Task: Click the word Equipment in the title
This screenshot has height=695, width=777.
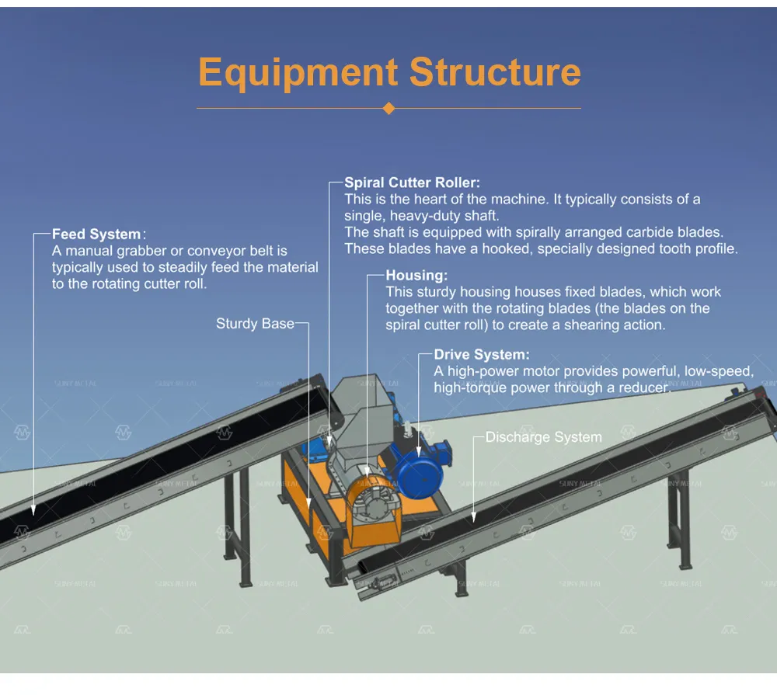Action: click(298, 72)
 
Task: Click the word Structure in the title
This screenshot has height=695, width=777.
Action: click(495, 71)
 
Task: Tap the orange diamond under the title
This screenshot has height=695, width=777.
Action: click(389, 108)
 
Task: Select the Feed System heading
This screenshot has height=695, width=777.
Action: click(96, 234)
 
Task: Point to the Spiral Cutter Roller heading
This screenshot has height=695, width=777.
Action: click(412, 182)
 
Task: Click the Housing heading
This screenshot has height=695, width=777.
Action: click(416, 276)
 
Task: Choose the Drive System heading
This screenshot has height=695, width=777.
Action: click(481, 355)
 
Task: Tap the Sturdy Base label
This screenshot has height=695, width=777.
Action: click(255, 324)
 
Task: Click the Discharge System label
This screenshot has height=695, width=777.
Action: click(544, 437)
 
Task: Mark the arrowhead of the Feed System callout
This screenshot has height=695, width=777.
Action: click(33, 510)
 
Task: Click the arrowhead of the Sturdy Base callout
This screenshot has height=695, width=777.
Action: click(308, 504)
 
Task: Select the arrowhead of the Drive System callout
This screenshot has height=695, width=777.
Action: click(419, 451)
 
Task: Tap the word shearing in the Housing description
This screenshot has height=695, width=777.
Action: click(591, 325)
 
